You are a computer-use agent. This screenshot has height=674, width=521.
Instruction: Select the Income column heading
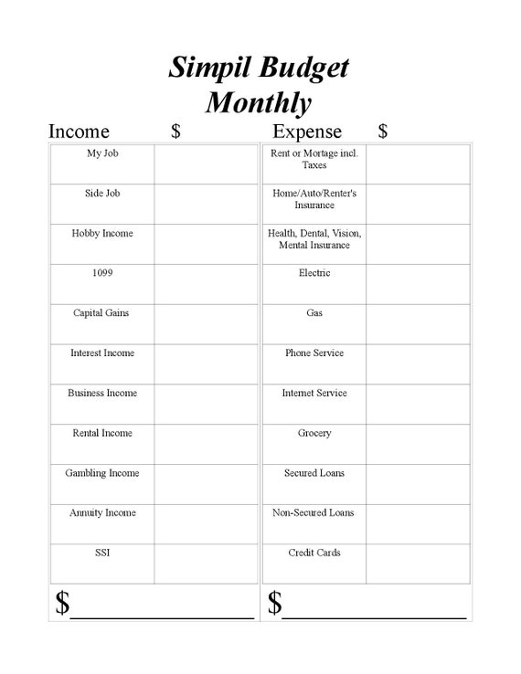tap(79, 132)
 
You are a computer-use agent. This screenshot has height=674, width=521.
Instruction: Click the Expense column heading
tap(307, 132)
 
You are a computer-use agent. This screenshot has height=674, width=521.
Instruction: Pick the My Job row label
tap(102, 153)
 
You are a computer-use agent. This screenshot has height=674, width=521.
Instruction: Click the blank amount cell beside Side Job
tap(206, 204)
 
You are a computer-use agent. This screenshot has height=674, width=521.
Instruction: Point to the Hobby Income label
tap(102, 233)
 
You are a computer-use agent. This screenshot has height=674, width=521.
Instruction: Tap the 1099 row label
tap(102, 273)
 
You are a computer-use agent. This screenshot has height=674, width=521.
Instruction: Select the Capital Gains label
tap(102, 313)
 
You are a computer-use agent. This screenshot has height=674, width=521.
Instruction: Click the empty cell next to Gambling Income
tap(206, 484)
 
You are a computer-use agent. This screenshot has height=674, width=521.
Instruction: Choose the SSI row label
tap(102, 553)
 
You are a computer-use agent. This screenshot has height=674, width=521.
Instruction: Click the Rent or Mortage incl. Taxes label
tap(314, 159)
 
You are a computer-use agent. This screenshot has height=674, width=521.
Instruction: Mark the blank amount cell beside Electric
tap(418, 283)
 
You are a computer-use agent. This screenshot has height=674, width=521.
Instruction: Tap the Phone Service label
tap(314, 353)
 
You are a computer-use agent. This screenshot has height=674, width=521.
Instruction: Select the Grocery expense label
tap(314, 433)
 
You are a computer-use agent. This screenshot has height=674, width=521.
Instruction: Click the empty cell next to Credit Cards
tap(418, 563)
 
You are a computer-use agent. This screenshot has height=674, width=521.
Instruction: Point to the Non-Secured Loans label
tap(314, 512)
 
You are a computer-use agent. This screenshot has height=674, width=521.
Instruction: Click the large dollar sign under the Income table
tap(62, 603)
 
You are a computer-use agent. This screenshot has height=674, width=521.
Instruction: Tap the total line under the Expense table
tap(375, 616)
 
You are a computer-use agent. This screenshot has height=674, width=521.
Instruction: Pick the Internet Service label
tap(314, 393)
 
